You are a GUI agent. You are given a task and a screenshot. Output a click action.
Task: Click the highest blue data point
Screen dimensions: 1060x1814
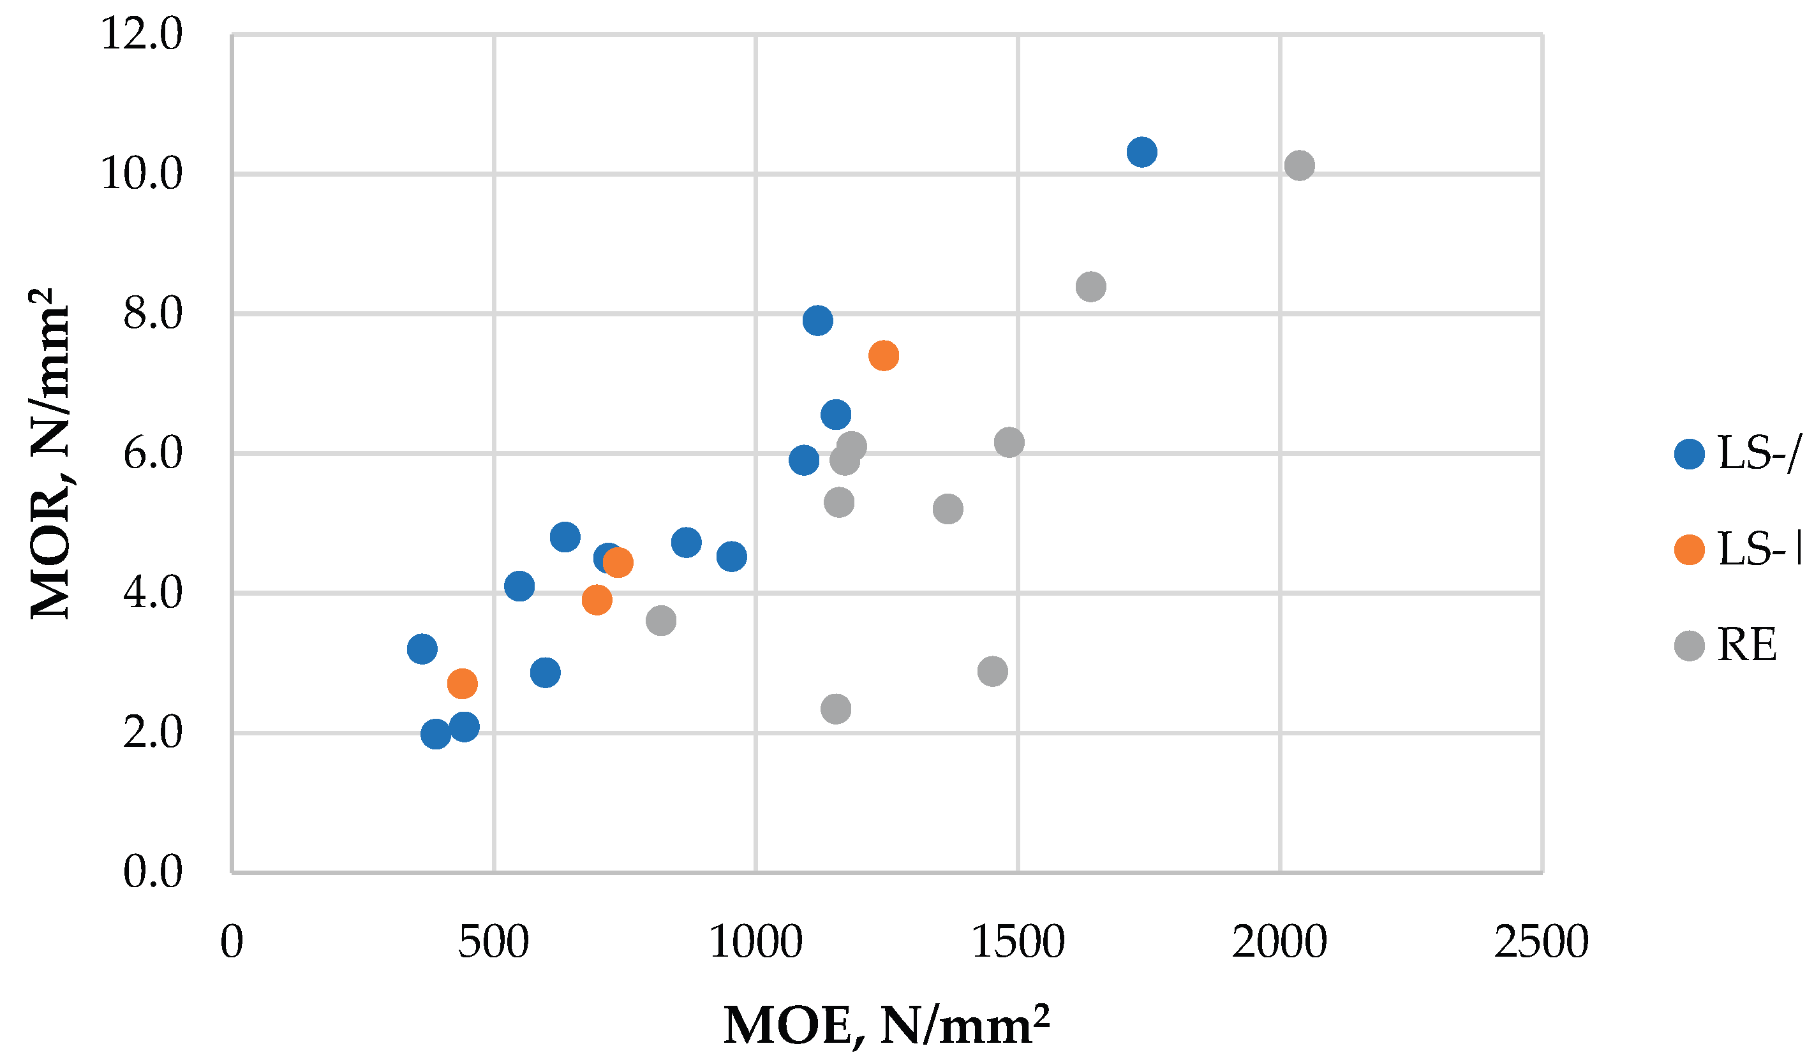1141,152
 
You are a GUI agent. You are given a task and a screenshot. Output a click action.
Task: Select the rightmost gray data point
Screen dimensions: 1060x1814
1299,166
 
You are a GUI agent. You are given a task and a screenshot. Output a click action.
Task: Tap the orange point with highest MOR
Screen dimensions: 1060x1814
883,355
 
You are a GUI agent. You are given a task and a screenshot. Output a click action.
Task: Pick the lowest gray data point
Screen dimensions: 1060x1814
836,709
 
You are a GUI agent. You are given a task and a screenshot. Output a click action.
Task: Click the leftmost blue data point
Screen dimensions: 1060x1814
422,649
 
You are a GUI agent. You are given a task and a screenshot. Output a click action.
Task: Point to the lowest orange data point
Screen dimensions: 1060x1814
462,683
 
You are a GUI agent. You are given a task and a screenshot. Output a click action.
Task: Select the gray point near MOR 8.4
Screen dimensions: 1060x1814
1090,287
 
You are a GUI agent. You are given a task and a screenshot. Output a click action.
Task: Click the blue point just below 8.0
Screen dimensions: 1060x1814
818,320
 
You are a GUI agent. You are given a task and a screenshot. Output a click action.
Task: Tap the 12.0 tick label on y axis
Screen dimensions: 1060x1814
142,34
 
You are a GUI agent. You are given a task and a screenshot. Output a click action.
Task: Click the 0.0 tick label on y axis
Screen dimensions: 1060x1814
152,872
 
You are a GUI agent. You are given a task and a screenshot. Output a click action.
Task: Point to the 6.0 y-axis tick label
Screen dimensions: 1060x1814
152,453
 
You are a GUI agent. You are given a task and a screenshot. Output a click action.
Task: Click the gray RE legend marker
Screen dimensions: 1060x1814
1690,645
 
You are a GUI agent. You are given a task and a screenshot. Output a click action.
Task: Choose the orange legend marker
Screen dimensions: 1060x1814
1690,550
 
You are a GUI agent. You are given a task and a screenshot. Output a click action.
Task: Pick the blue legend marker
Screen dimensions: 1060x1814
1690,454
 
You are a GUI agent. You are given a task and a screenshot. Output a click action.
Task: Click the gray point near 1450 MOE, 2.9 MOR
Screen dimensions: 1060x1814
993,672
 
